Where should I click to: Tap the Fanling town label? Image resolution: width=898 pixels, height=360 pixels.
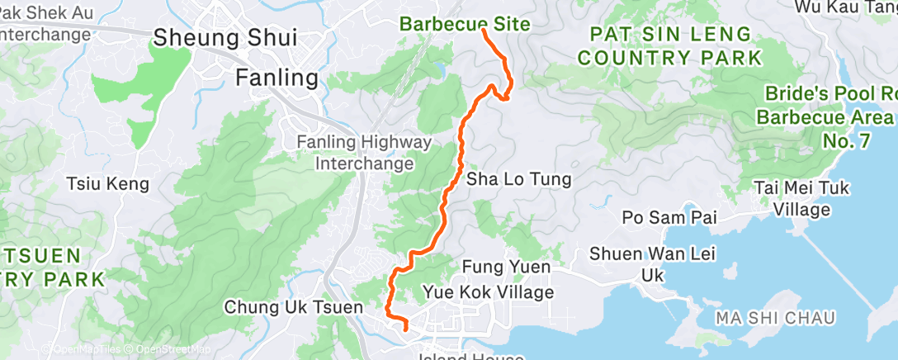pyautogui.click(x=276, y=78)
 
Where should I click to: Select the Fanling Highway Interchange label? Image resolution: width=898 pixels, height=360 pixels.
pyautogui.click(x=364, y=153)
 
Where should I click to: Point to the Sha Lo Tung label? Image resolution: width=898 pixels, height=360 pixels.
pyautogui.click(x=519, y=179)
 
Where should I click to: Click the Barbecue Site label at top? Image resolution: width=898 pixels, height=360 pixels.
pyautogui.click(x=465, y=24)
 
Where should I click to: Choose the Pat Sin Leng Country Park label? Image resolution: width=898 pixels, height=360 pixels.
pyautogui.click(x=669, y=46)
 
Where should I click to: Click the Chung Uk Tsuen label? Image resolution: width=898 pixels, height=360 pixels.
pyautogui.click(x=294, y=307)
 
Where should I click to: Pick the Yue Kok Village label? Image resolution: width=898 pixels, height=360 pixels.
pyautogui.click(x=488, y=291)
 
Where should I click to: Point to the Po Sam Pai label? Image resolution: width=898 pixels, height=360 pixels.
pyautogui.click(x=670, y=218)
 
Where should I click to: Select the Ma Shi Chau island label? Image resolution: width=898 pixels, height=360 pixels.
pyautogui.click(x=776, y=318)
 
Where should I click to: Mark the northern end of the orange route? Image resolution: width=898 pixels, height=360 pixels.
pyautogui.click(x=483, y=31)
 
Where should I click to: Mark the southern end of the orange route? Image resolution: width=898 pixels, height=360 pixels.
pyautogui.click(x=406, y=329)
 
